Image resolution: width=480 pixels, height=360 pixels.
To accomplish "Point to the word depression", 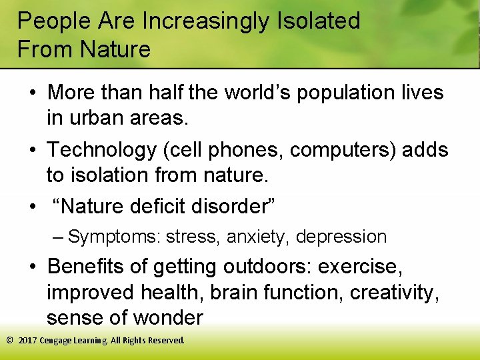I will pos(341,237).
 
